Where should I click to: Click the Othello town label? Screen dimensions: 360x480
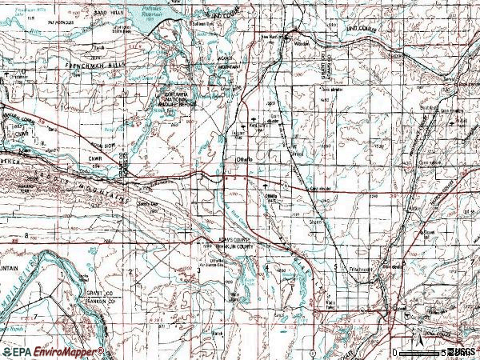click(x=243, y=160)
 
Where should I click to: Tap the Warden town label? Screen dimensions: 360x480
click(x=302, y=45)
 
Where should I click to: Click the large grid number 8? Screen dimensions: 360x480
click(x=26, y=236)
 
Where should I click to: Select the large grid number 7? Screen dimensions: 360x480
click(x=35, y=317)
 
